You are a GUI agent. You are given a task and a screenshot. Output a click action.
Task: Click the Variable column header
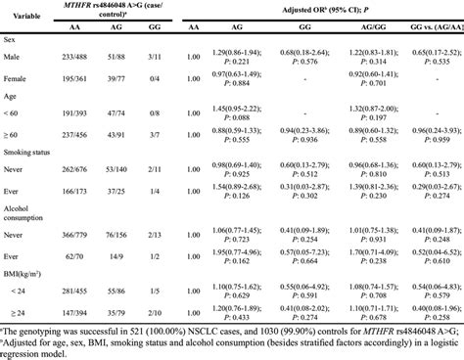tap(27, 17)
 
